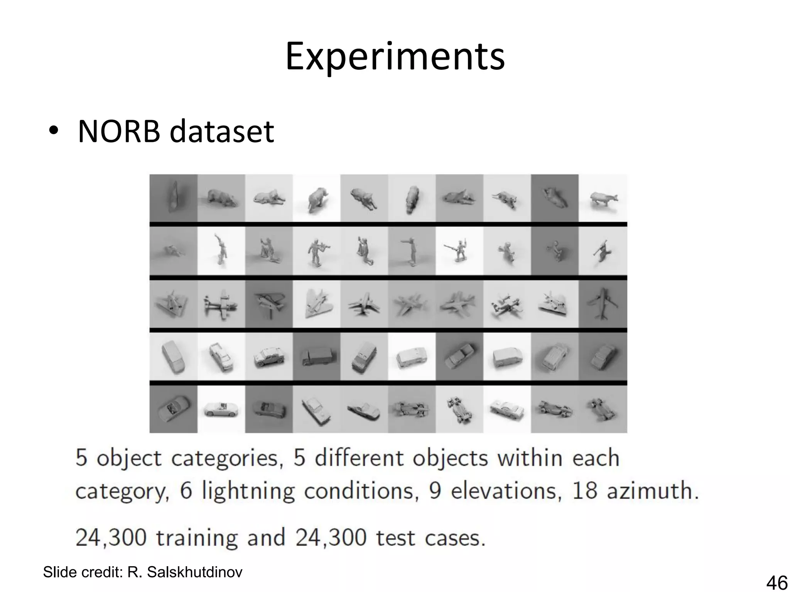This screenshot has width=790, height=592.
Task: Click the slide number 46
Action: (776, 582)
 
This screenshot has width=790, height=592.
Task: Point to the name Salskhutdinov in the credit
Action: (194, 572)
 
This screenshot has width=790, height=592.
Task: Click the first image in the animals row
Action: (173, 198)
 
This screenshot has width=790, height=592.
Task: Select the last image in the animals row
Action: (603, 198)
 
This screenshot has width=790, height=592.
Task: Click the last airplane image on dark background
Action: (603, 304)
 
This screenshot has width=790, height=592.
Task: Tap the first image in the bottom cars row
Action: (173, 409)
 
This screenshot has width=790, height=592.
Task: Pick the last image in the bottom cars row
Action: (603, 409)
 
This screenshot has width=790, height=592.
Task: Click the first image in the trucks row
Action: (173, 357)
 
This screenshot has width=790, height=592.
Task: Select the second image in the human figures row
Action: (221, 251)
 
